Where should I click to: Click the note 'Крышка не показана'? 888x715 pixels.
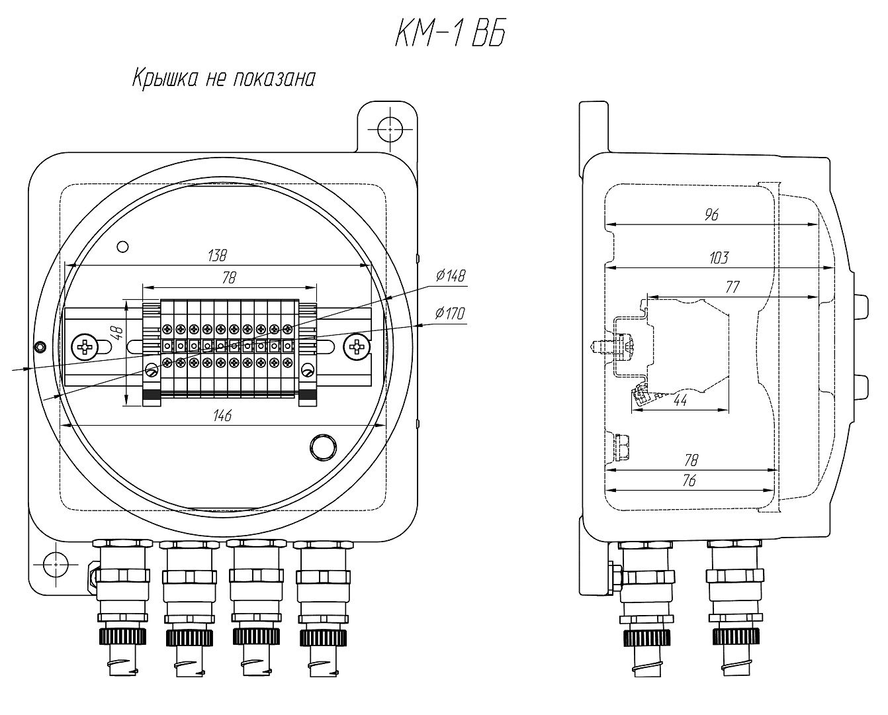coord(222,78)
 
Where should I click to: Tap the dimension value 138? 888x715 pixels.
coord(217,254)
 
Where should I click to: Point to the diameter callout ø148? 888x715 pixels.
coord(451,275)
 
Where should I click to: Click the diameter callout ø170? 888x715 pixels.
coord(451,313)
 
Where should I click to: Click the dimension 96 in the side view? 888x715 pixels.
coord(711,215)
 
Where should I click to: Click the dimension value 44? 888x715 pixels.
coord(680,401)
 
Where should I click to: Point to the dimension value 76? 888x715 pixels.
coord(689,481)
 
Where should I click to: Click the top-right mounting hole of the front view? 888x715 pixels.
coord(390,128)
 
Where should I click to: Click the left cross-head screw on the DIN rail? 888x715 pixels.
coord(85,346)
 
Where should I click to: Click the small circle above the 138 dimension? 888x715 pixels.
coord(122,246)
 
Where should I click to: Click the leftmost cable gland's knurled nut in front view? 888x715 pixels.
coord(122,637)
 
